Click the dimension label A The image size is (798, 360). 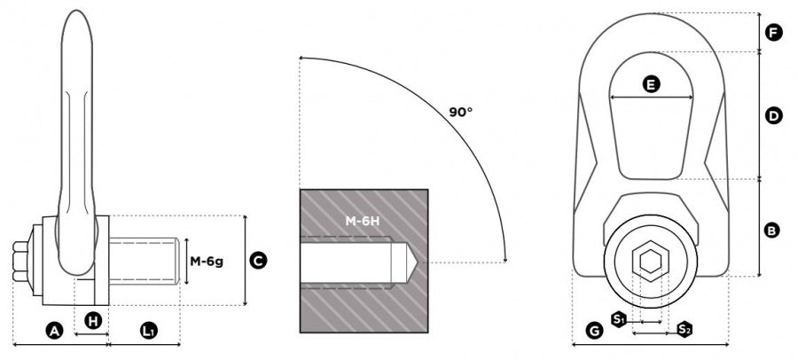[54, 331]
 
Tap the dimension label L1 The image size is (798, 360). [148, 331]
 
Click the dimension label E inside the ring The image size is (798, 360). [651, 85]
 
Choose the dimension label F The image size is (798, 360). [773, 34]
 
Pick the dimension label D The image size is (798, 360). [773, 115]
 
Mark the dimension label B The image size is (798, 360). [772, 231]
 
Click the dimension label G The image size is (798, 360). [595, 331]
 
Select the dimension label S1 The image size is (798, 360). [620, 317]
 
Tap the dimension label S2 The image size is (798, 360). [684, 330]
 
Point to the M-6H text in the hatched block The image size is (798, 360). [363, 220]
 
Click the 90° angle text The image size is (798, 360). [460, 112]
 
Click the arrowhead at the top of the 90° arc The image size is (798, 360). [303, 59]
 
